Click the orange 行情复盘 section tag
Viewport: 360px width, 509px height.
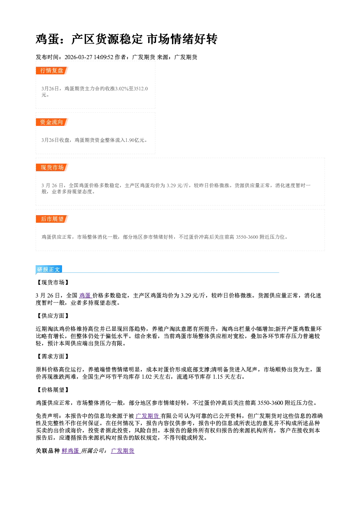[52, 70]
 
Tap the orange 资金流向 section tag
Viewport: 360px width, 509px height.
[52, 122]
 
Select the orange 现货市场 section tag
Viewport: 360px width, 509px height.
[52, 168]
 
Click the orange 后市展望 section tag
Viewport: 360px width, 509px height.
[52, 219]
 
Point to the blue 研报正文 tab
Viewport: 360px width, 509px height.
[49, 269]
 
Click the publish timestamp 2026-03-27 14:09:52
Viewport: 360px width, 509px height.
[89, 57]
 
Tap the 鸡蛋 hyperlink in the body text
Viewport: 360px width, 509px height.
[85, 295]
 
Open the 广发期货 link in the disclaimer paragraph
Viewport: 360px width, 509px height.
[147, 416]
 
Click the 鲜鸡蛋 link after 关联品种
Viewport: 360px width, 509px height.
[70, 451]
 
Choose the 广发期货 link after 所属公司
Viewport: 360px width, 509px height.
[123, 451]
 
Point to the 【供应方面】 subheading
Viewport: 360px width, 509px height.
[53, 316]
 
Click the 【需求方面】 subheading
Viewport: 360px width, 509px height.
[53, 356]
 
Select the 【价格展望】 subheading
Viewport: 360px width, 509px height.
[53, 390]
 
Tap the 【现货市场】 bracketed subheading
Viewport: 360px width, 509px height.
[53, 283]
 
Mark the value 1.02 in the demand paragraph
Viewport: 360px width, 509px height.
[147, 377]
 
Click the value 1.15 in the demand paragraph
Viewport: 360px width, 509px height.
[218, 377]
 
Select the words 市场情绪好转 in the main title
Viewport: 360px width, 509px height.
[182, 39]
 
